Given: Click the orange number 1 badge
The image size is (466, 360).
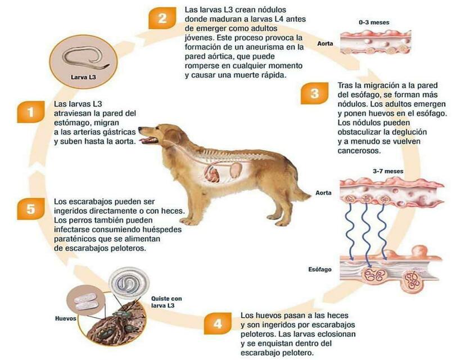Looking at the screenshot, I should [30, 111].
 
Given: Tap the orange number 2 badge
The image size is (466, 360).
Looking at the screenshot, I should [162, 19].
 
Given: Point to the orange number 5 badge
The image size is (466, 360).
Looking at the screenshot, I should [30, 209].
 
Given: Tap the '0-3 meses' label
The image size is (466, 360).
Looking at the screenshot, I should [374, 22].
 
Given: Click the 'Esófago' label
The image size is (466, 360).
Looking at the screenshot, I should [320, 269].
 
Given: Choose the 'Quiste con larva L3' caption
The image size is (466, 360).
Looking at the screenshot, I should [168, 302].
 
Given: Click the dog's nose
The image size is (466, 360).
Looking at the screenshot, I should [141, 131].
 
